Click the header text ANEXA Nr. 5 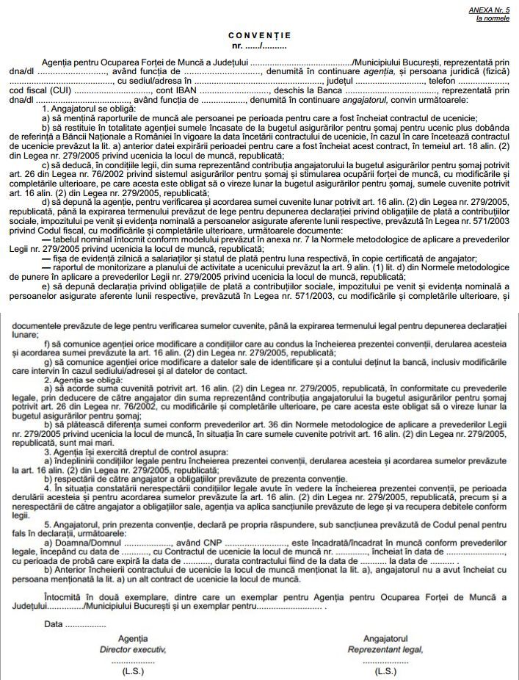tap(488, 9)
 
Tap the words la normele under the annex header tap(493, 18)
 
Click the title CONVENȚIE tap(259, 35)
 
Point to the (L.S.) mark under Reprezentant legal tap(385, 671)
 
